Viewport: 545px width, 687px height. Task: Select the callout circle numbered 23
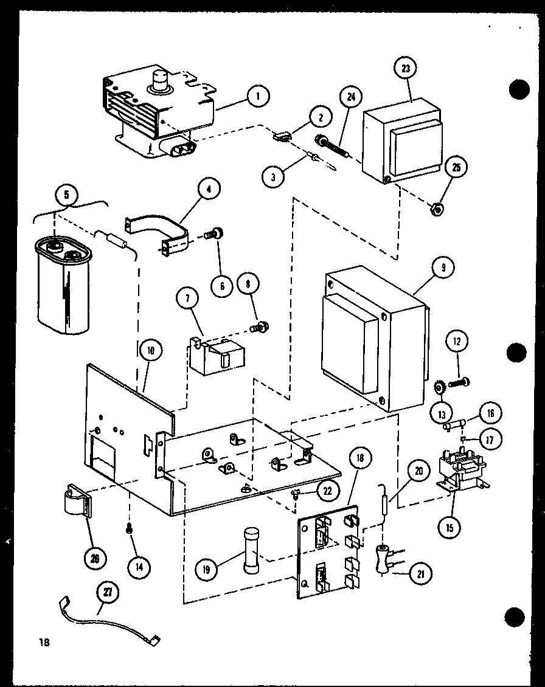click(x=405, y=69)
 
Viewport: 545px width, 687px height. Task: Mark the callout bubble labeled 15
click(x=450, y=527)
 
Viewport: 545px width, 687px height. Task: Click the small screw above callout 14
click(x=129, y=530)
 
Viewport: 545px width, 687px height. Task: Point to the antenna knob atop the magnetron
click(x=161, y=81)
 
